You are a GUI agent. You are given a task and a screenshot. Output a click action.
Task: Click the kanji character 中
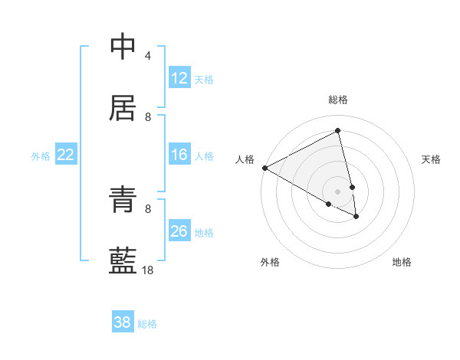pyautogui.click(x=123, y=47)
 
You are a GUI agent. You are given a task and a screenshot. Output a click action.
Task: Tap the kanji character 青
pyautogui.click(x=123, y=200)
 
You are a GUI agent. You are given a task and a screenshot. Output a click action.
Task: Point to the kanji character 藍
pyautogui.click(x=123, y=261)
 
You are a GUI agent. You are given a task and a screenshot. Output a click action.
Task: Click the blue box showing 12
pyautogui.click(x=179, y=78)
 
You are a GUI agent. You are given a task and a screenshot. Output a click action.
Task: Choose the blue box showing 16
pyautogui.click(x=179, y=155)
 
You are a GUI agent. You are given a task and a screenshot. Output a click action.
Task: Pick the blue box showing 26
pyautogui.click(x=179, y=231)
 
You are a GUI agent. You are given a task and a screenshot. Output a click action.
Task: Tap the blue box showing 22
pyautogui.click(x=66, y=155)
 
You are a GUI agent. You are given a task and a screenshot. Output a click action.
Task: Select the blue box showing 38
pyautogui.click(x=123, y=322)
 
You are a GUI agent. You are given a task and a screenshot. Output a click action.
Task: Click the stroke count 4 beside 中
pyautogui.click(x=148, y=55)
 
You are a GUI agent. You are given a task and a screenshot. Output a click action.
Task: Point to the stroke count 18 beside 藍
pyautogui.click(x=148, y=270)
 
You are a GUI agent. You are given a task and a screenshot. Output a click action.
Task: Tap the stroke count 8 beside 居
pyautogui.click(x=148, y=116)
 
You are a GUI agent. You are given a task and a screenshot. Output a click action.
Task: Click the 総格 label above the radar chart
pyautogui.click(x=338, y=100)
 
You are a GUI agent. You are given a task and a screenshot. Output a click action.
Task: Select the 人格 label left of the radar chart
pyautogui.click(x=245, y=159)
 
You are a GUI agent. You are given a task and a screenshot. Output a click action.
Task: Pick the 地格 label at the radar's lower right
pyautogui.click(x=402, y=262)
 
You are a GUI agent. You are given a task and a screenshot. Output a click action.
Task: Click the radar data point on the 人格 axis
pyautogui.click(x=264, y=168)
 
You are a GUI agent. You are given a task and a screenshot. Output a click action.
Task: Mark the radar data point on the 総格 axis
pyautogui.click(x=338, y=130)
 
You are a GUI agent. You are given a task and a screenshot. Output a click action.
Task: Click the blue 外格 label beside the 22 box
pyautogui.click(x=41, y=155)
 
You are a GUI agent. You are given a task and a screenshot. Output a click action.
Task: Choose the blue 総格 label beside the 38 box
pyautogui.click(x=147, y=324)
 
